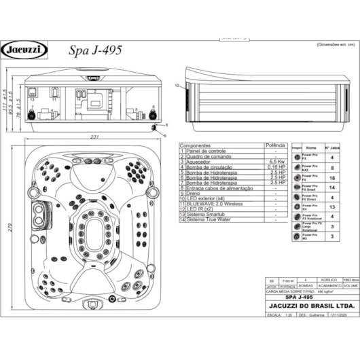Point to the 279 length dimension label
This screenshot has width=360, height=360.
[10, 228]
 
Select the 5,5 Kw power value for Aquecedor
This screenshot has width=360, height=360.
[275, 161]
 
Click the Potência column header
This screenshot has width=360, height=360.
[275, 145]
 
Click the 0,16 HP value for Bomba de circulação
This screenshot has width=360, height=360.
[275, 166]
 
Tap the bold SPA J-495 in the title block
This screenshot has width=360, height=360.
[299, 297]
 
